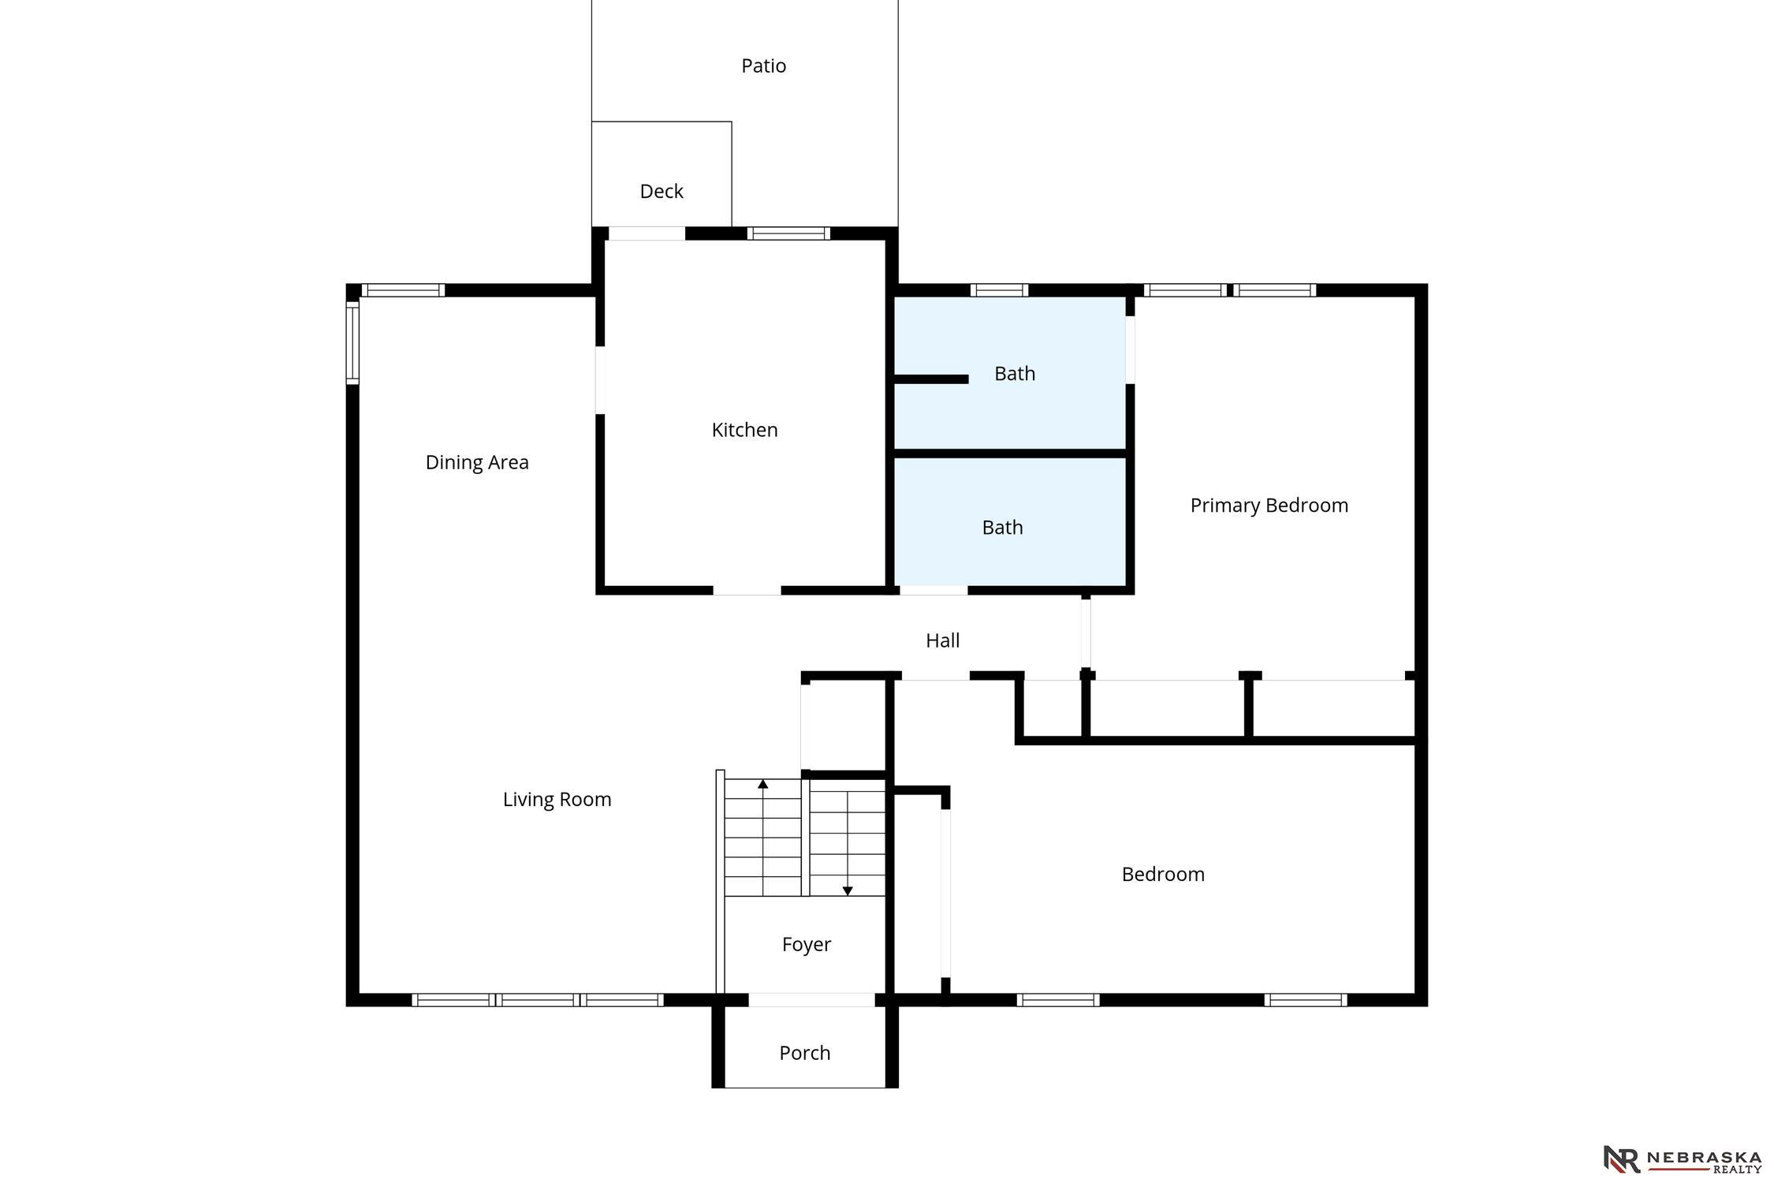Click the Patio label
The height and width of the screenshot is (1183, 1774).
tap(763, 65)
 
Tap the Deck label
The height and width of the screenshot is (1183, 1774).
tap(662, 191)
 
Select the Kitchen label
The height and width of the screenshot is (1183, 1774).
tap(744, 430)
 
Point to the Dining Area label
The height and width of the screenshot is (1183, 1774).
tap(477, 463)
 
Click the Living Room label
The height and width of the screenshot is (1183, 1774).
tap(557, 800)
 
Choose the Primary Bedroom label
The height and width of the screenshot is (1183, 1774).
tap(1269, 506)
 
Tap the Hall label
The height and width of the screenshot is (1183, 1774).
tap(942, 640)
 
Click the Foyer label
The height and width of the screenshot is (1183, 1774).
tap(806, 945)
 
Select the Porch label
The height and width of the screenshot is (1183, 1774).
tap(804, 1053)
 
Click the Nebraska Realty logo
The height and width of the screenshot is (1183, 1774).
tap(1683, 1159)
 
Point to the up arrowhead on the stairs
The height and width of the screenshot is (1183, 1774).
tap(762, 784)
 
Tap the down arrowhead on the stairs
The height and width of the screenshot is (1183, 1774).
tap(848, 891)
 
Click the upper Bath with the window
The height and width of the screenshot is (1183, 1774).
tap(1014, 374)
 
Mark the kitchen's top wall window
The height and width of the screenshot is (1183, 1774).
tap(788, 233)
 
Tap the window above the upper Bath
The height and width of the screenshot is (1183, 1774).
tap(999, 290)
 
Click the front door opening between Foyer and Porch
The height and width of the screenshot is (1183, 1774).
tap(811, 1000)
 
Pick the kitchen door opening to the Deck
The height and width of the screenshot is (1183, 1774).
tap(647, 233)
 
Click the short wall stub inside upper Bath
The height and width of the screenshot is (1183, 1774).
tap(931, 379)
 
